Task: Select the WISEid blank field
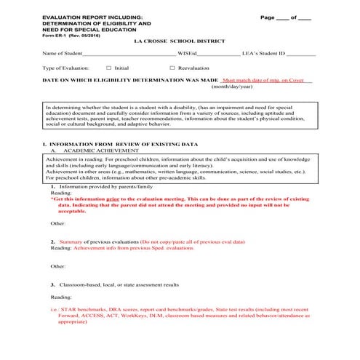point(218,54)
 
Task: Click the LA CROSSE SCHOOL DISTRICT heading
point(180,41)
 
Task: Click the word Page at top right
point(268,16)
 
